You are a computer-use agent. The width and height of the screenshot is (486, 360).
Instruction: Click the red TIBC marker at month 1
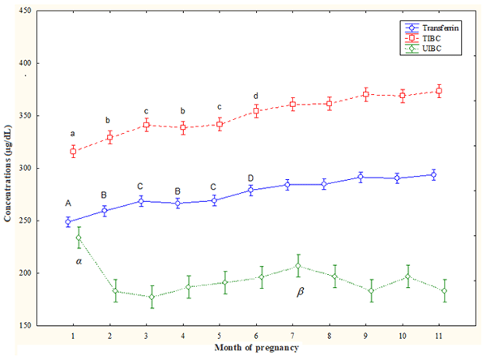[73, 152]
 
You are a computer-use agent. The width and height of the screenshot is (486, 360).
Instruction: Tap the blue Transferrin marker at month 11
[438, 174]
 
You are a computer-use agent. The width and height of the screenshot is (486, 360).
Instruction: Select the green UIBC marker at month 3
[147, 297]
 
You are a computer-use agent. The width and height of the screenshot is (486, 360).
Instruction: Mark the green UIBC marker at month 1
[79, 238]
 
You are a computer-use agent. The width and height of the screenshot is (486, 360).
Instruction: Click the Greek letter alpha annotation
[79, 262]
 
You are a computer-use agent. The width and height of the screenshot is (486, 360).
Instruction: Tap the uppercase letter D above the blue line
[250, 178]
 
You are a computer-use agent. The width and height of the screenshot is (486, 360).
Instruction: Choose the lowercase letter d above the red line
[256, 96]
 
